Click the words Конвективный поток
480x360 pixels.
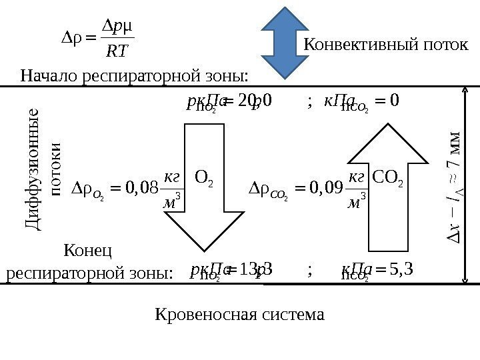tap(386, 45)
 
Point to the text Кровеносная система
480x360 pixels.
tap(239, 313)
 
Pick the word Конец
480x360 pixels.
tap(87, 251)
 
